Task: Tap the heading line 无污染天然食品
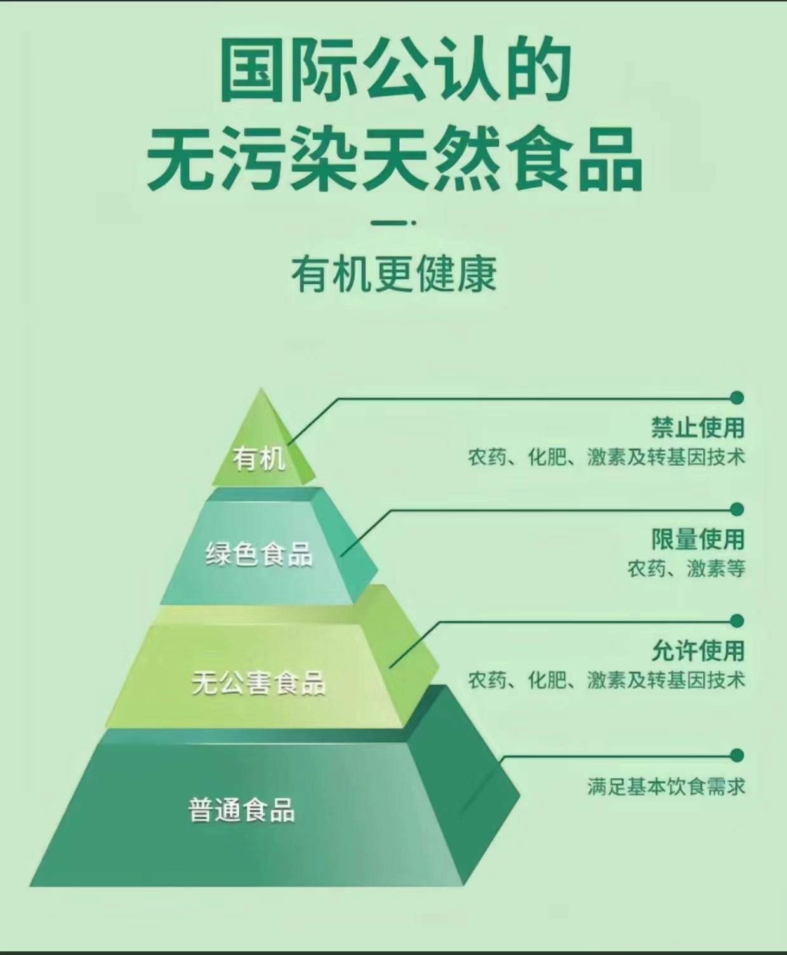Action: [x=394, y=159]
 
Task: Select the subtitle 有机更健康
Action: [x=394, y=274]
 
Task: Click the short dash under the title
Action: [x=394, y=223]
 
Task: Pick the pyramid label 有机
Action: [x=259, y=458]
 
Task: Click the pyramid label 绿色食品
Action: [x=259, y=554]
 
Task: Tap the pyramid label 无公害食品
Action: [x=259, y=683]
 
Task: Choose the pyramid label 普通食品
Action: [x=242, y=810]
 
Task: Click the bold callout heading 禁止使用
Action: [x=698, y=427]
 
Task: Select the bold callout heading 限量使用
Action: [x=698, y=539]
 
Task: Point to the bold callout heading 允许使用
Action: [x=698, y=650]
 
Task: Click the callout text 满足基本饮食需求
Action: [x=666, y=787]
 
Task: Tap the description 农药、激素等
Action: [x=686, y=568]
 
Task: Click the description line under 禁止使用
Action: [x=606, y=457]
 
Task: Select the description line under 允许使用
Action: [x=606, y=680]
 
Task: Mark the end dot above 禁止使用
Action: [x=737, y=398]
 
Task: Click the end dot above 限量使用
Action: [x=737, y=509]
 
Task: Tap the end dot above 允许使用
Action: [x=737, y=620]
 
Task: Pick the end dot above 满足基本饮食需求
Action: [x=737, y=754]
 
